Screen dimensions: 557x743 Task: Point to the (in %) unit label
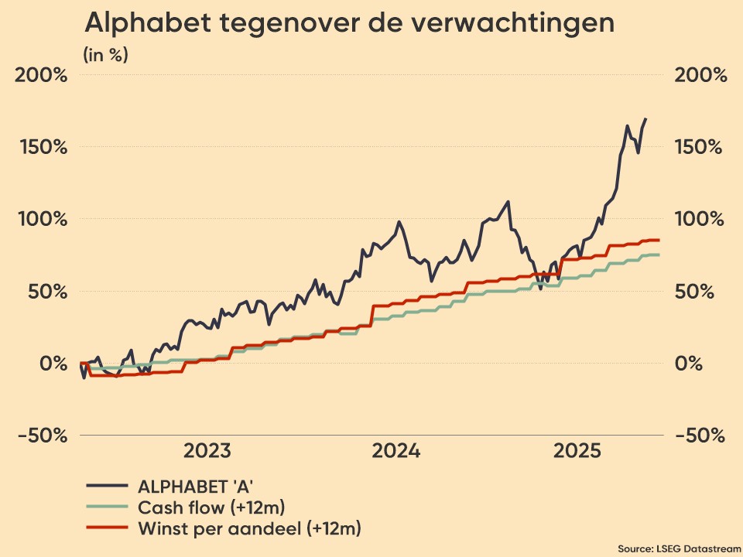[x=106, y=55]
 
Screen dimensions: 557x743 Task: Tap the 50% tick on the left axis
[x=48, y=292]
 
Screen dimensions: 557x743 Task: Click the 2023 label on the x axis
[x=207, y=451]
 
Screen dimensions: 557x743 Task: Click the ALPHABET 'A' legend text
[x=196, y=486]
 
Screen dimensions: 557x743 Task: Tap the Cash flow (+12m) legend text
[x=211, y=507]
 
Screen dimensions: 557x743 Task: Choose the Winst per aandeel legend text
[x=249, y=529]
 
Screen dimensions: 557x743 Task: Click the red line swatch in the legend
[x=106, y=529]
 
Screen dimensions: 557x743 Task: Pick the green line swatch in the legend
[x=106, y=507]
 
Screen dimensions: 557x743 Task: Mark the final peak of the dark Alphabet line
[x=645, y=119]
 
